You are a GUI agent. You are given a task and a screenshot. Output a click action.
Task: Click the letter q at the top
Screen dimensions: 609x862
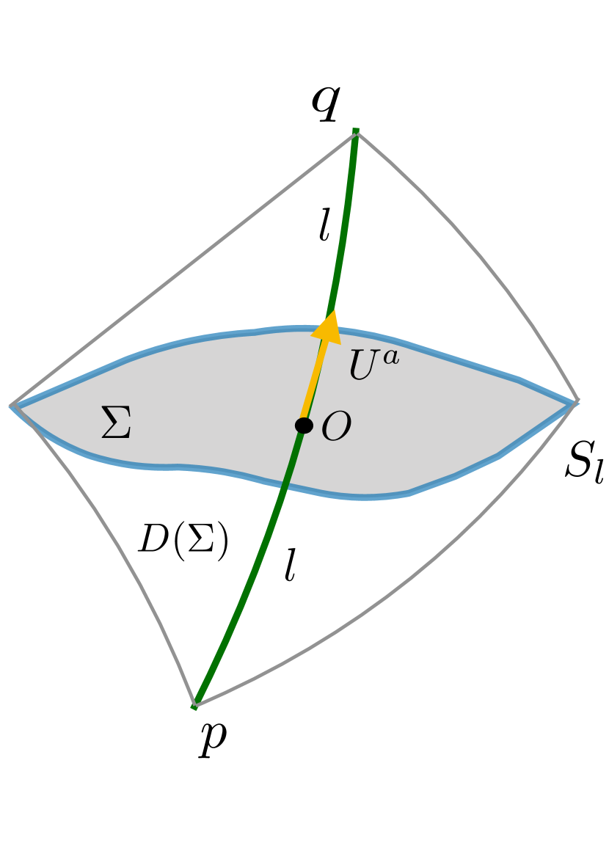tap(325, 102)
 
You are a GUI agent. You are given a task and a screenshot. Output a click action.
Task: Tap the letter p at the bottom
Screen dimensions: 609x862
tap(212, 737)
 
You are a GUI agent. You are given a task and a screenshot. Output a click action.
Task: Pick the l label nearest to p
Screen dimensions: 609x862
tap(291, 565)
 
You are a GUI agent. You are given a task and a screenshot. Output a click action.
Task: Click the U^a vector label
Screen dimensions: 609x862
tap(373, 365)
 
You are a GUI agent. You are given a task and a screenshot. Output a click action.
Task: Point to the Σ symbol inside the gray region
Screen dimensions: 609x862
tap(116, 423)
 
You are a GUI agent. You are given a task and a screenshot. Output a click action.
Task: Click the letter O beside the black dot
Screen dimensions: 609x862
tap(336, 427)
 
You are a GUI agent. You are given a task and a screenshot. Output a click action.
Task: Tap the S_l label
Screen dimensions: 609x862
tap(583, 462)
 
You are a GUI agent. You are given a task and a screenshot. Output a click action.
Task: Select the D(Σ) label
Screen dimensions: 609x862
tap(183, 541)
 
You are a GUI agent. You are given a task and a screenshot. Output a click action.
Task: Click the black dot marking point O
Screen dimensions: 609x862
tap(304, 425)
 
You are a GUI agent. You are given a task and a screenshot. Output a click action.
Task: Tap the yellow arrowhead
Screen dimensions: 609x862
tap(328, 328)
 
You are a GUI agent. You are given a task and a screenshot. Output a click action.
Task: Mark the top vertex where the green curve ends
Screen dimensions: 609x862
tap(356, 132)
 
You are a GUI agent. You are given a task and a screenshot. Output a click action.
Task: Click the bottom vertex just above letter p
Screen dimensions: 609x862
tap(194, 705)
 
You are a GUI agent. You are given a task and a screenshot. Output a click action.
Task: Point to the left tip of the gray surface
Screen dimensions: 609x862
tap(13, 405)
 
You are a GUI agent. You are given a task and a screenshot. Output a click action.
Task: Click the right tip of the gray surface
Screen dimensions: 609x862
tap(577, 401)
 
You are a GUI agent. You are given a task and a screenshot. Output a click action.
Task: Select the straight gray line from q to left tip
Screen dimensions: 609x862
tap(183, 268)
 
